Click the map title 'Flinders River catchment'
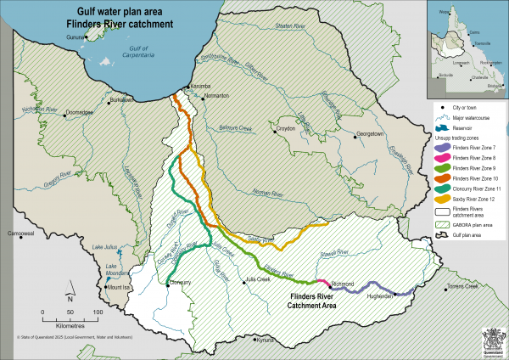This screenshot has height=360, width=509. [x=121, y=25]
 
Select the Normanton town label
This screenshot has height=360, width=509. [x=217, y=97]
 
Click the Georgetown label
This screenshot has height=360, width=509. [x=370, y=134]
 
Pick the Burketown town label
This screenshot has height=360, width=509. [x=123, y=99]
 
